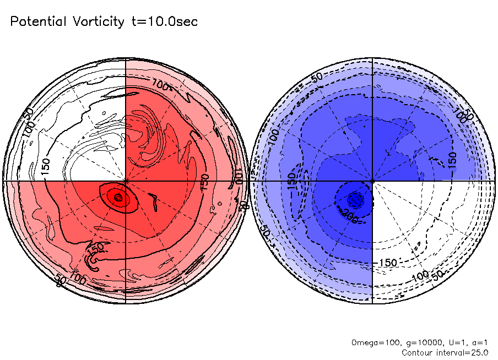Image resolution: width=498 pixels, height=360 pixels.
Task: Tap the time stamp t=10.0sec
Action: click(x=164, y=22)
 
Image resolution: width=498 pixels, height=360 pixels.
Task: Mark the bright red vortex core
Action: click(x=117, y=197)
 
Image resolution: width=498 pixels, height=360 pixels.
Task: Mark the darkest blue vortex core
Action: click(x=355, y=199)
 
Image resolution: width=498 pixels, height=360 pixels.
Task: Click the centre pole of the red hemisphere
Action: click(x=126, y=180)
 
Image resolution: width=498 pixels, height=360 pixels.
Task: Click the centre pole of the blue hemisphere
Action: click(x=373, y=180)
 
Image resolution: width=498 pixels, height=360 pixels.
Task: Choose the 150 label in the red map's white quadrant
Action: click(x=46, y=166)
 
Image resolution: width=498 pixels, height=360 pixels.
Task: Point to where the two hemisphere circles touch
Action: click(x=250, y=180)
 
